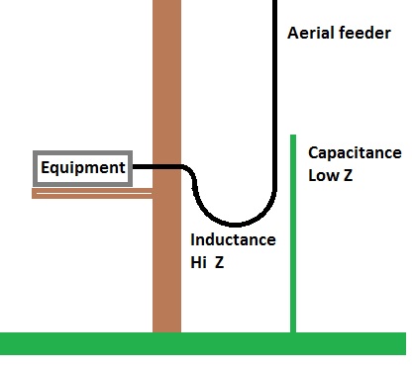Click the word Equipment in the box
click(83, 168)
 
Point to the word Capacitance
click(355, 153)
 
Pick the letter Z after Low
click(348, 175)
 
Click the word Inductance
click(233, 239)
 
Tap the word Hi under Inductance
click(198, 262)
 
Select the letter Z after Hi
click(220, 262)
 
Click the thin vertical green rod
click(293, 233)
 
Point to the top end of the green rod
click(293, 135)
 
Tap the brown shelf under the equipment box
click(92, 193)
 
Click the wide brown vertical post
click(166, 166)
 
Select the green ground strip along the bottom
click(203, 343)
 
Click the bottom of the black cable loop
click(235, 225)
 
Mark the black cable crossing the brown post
click(166, 167)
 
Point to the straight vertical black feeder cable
click(274, 96)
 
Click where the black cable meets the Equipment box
click(133, 167)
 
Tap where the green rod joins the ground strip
click(293, 332)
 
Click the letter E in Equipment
click(45, 167)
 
